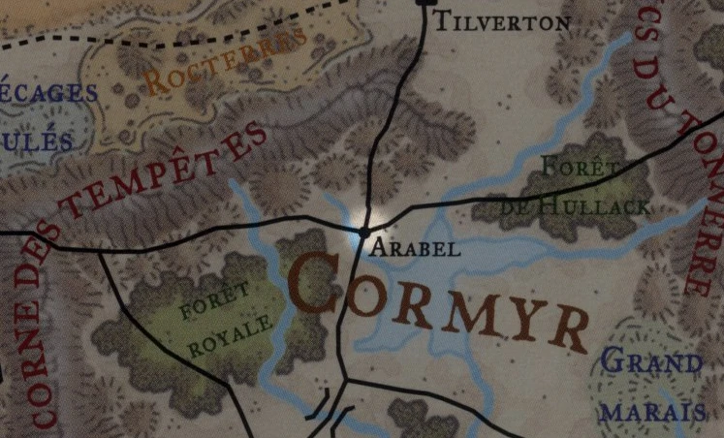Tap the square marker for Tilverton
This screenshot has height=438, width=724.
click(x=424, y=3)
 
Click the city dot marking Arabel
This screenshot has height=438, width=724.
click(x=364, y=232)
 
